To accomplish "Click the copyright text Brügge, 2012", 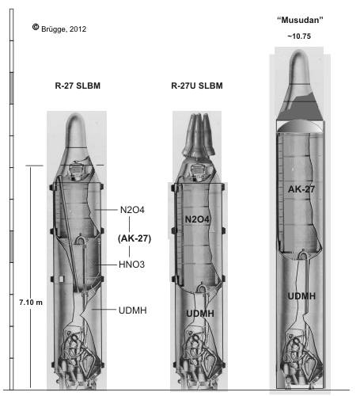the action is click(x=63, y=29).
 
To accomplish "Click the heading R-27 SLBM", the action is click(x=78, y=86).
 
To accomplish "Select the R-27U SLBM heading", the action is click(x=197, y=86).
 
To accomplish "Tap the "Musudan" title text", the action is click(x=300, y=20).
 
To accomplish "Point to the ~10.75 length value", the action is click(x=299, y=36).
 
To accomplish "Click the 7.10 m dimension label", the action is click(x=31, y=303).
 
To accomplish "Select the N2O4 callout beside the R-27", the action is click(x=132, y=210).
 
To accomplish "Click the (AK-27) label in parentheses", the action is click(x=135, y=238).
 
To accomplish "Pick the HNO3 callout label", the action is click(x=132, y=265).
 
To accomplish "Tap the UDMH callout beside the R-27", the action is click(x=133, y=310).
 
